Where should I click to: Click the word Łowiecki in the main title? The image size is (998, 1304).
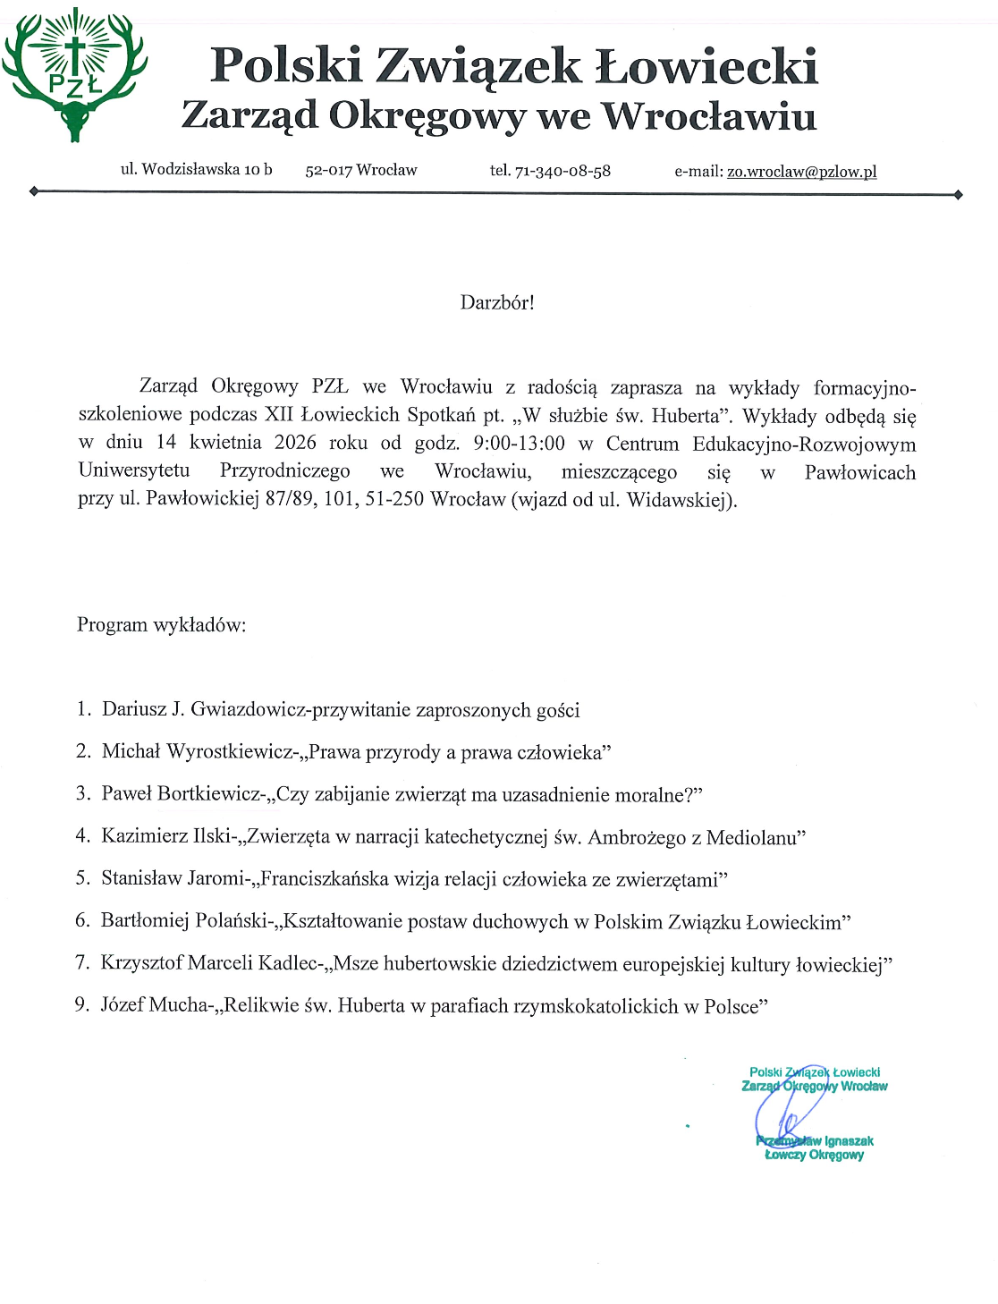706,66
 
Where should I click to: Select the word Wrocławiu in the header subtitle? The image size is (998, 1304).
708,116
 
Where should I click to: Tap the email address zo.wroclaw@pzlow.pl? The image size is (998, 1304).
801,172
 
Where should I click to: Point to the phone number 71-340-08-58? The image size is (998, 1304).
562,171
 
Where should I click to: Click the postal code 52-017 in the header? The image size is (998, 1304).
328,171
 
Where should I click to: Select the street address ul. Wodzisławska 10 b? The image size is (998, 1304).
196,169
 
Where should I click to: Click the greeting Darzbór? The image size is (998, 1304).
497,302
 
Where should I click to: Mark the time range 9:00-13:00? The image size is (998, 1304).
519,443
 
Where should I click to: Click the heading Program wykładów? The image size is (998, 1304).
161,624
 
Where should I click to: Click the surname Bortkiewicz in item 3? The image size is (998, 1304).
210,794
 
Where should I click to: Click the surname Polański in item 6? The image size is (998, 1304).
226,922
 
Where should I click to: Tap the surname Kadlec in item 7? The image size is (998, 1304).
288,964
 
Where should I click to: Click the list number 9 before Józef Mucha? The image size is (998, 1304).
80,1006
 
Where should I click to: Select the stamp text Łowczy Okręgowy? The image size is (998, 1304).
814,1155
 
